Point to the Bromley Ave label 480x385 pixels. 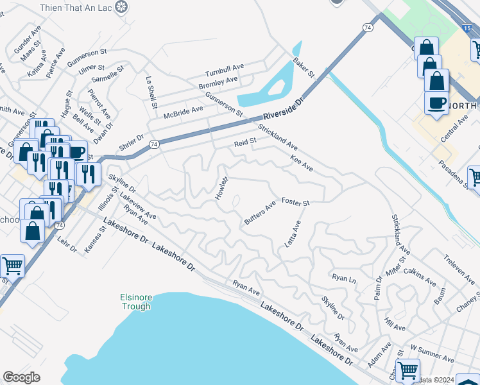218,83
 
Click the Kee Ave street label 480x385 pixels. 302,163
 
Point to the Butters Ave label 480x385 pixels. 259,213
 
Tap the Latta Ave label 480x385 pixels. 296,235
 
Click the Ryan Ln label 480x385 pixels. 344,278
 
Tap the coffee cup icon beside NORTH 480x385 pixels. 436,103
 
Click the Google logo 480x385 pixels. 21,377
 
